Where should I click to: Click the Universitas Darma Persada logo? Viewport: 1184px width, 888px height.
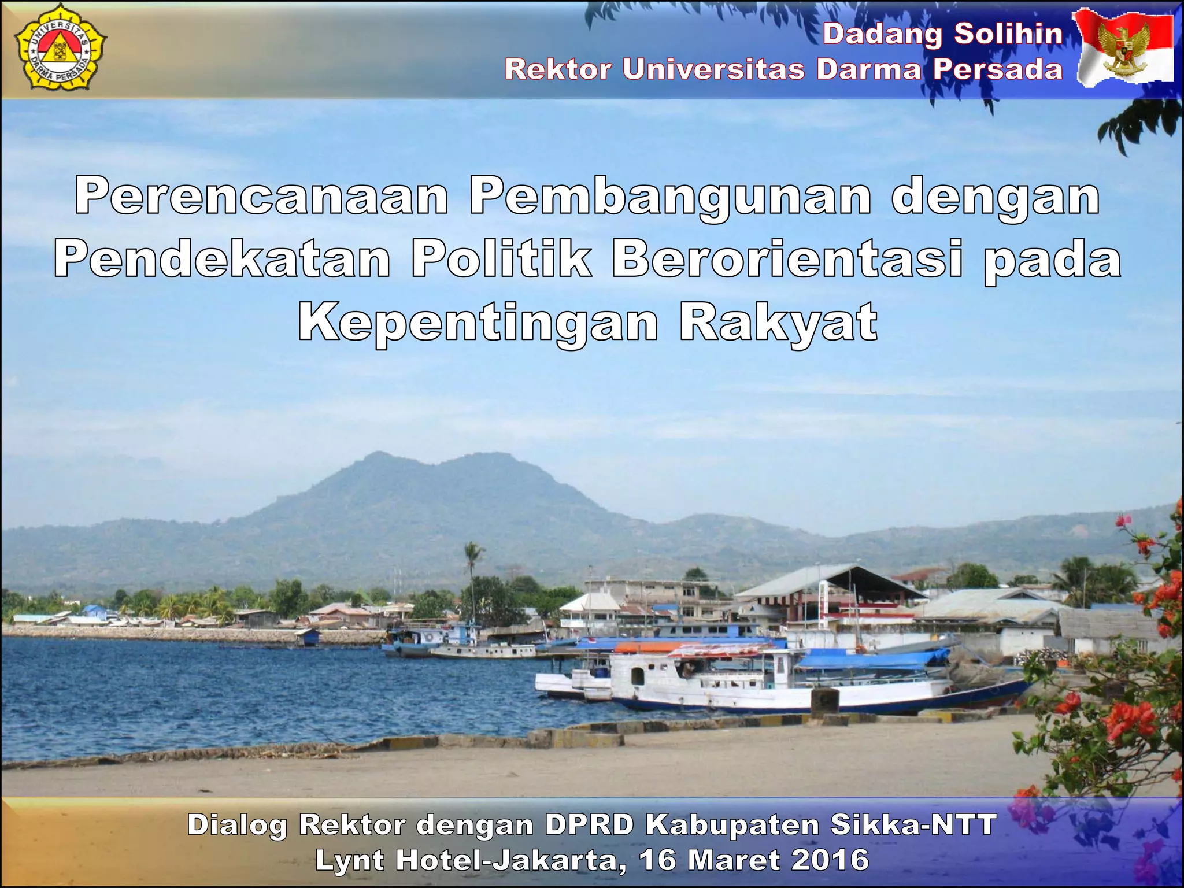60,51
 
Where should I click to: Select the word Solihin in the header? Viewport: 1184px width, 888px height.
1008,34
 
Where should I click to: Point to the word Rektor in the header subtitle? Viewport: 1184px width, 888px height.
558,69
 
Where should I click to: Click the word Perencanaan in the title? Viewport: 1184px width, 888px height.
261,197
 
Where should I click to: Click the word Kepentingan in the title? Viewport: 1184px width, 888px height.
478,323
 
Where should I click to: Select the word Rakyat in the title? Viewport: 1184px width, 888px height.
778,323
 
